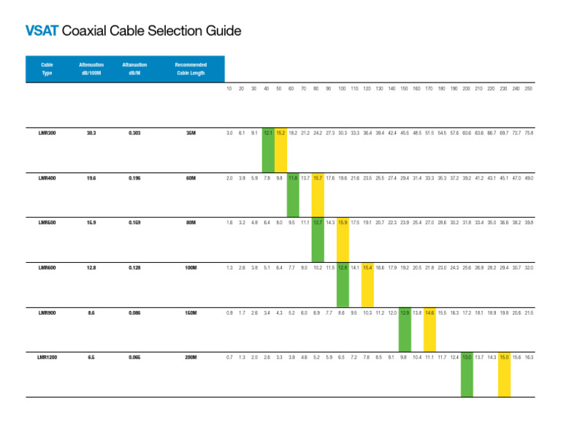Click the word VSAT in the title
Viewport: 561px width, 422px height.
[42, 31]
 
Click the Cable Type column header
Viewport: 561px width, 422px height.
[47, 69]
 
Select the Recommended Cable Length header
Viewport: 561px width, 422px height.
[191, 69]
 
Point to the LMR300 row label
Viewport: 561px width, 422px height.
[47, 134]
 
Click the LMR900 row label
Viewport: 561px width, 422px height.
[47, 312]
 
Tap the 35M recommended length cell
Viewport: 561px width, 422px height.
[191, 134]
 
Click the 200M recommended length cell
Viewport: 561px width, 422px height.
[191, 357]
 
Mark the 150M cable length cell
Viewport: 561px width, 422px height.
[191, 312]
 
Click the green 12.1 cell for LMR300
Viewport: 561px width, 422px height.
[268, 134]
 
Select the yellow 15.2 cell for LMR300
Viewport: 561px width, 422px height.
[280, 134]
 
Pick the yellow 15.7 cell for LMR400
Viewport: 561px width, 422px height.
[318, 178]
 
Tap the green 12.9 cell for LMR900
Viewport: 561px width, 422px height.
[405, 312]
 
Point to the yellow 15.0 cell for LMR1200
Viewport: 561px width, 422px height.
[504, 357]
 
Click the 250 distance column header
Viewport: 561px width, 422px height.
[528, 89]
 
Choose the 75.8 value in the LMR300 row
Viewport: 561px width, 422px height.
[528, 134]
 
